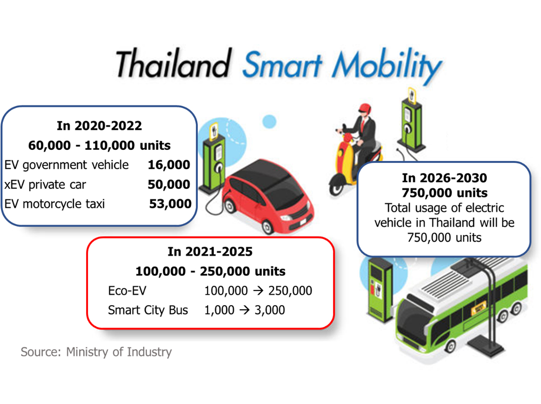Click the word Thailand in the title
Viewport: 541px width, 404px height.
173,63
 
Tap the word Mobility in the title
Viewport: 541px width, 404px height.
387,65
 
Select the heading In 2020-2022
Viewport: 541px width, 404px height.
99,126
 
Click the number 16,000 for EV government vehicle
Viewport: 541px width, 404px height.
169,165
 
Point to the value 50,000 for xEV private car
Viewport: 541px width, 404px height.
169,184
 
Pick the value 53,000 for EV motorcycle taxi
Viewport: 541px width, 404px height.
170,204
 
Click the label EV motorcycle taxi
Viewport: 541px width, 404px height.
55,204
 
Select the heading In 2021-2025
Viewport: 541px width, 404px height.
210,252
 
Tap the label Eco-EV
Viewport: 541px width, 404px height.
127,290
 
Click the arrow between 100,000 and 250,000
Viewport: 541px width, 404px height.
258,290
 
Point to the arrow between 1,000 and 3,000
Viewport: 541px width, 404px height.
244,310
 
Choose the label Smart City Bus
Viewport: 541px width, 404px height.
148,310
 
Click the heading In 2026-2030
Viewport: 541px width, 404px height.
445,178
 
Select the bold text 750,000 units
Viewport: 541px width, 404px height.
445,193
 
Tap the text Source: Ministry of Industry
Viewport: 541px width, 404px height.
96,352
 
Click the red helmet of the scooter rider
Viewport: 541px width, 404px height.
364,109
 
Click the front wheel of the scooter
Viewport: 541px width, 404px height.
337,186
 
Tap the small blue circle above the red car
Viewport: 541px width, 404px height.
269,121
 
